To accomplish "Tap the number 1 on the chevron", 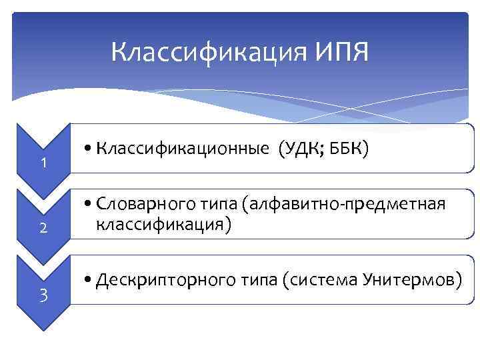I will (43, 163).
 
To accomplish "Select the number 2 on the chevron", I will (43, 228).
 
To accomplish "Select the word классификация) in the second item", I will (163, 225).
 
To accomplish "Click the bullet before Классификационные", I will (89, 151).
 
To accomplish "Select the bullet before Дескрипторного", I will (89, 280).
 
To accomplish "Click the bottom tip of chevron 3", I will (43, 329).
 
